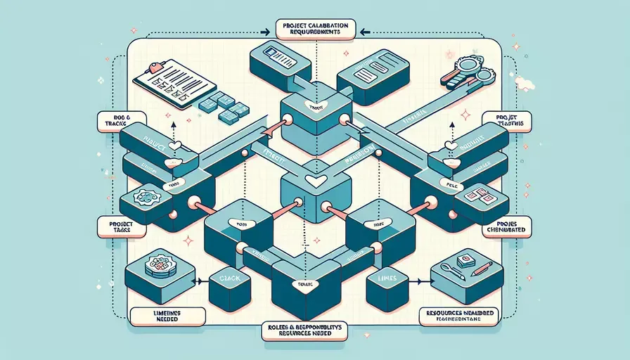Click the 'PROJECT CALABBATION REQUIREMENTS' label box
(314, 31)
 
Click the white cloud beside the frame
(525, 84)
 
